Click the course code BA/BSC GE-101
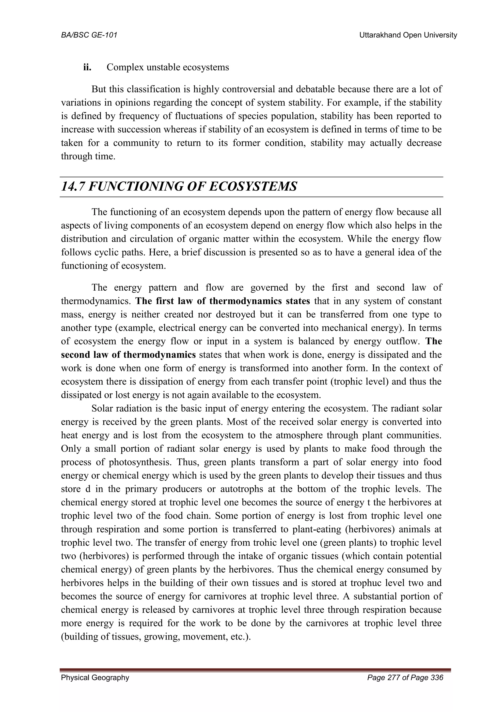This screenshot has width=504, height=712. tap(89, 35)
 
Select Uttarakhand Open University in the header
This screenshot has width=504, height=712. tap(408, 35)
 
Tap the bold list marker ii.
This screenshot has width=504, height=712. tap(87, 67)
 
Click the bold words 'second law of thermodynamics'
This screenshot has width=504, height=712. tap(128, 355)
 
